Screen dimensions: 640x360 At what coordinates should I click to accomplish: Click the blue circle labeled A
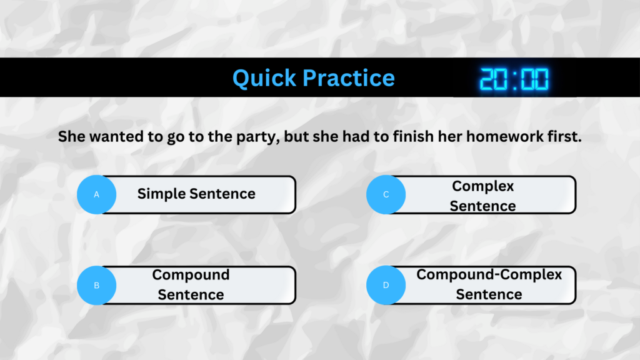(x=97, y=195)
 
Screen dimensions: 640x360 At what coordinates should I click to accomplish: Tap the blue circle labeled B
(x=97, y=285)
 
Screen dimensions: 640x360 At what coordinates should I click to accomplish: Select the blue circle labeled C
(x=386, y=195)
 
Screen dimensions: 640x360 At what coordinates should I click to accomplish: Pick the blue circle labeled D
(x=386, y=285)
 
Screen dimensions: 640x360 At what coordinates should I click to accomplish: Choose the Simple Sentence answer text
(x=196, y=194)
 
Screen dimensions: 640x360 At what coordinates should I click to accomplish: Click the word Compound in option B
(x=191, y=275)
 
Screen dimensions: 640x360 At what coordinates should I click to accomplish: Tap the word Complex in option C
(x=483, y=186)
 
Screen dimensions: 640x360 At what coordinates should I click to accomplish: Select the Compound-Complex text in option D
(x=489, y=275)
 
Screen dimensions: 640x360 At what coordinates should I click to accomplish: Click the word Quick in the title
(x=264, y=78)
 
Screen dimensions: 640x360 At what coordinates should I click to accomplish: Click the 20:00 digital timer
(x=514, y=79)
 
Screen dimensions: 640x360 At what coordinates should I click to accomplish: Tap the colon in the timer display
(x=514, y=79)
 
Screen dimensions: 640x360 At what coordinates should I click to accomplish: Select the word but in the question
(x=296, y=136)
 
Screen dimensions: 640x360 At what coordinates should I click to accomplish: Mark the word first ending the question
(x=564, y=136)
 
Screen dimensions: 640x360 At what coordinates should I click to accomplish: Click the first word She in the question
(x=72, y=136)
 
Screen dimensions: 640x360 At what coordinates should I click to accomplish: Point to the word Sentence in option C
(x=483, y=206)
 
